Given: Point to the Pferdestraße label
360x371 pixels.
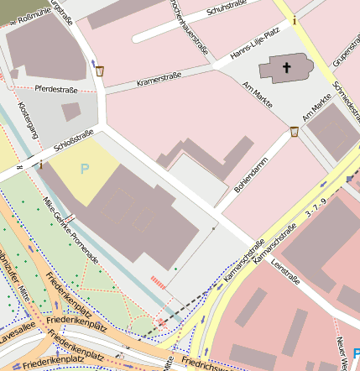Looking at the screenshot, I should tap(56, 89).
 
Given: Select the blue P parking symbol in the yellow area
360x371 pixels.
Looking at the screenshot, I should tap(84, 170).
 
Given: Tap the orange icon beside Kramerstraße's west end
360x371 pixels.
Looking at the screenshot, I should tap(101, 72).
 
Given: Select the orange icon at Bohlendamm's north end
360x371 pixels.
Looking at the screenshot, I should tap(295, 132).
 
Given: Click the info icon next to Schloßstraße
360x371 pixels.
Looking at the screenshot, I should tap(40, 164).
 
